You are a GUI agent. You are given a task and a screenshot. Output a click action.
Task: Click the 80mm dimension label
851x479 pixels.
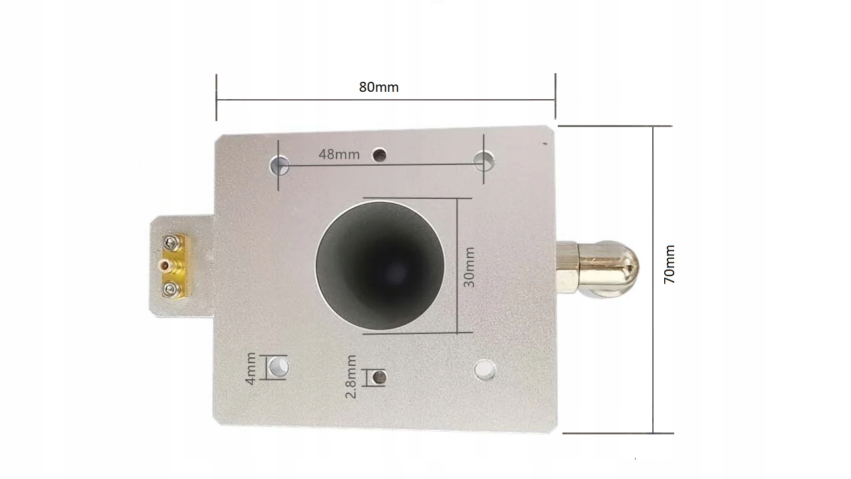(379, 87)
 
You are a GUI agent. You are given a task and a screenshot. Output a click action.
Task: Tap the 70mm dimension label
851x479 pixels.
(669, 264)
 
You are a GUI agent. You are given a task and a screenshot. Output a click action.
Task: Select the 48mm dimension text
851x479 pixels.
(339, 154)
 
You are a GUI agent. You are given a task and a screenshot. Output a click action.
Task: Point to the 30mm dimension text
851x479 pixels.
(469, 267)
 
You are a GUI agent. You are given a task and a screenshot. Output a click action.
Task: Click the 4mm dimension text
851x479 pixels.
(251, 369)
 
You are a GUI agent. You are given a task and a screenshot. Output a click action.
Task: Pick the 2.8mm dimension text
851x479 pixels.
(350, 377)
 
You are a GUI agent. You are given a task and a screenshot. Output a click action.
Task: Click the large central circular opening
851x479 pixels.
(380, 265)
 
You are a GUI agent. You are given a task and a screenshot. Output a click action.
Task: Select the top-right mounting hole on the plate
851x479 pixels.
(484, 161)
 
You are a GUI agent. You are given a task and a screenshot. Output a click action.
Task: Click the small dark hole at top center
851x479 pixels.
(380, 155)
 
